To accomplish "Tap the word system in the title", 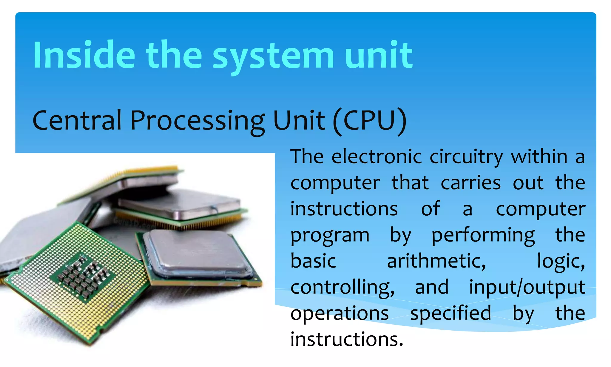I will [x=273, y=56].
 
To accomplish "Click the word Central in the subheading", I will [x=77, y=120].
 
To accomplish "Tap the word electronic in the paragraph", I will [x=377, y=156].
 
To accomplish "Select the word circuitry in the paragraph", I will [x=466, y=157].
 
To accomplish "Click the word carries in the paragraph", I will [x=470, y=183].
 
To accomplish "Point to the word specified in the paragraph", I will [x=450, y=314].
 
